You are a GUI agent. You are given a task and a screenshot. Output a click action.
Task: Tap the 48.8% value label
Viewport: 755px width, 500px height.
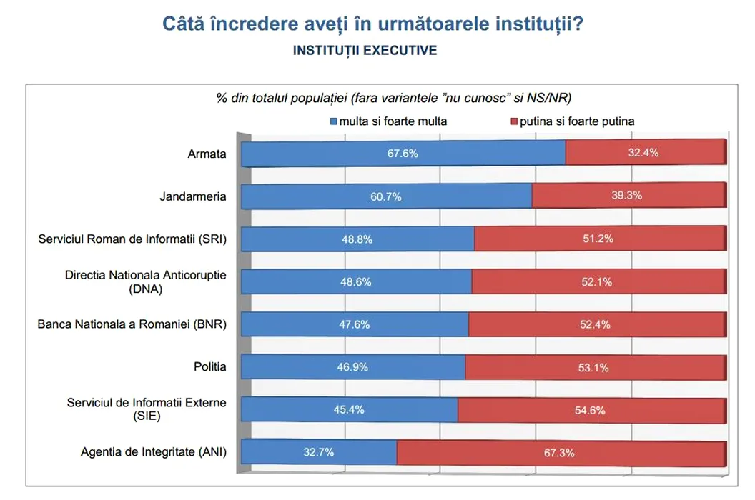[357, 239]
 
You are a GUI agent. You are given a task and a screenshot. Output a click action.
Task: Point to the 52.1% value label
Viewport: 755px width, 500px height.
[596, 282]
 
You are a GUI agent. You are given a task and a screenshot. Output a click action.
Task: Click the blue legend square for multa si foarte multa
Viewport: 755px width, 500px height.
[332, 121]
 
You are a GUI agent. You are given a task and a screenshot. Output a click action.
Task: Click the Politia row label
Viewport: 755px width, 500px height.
[210, 366]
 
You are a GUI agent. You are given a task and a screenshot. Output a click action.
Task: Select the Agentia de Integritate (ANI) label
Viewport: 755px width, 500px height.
[154, 451]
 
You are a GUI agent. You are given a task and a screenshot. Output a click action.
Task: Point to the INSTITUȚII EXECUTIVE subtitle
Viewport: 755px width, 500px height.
[365, 51]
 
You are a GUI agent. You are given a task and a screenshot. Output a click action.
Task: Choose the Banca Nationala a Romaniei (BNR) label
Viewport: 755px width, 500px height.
[132, 324]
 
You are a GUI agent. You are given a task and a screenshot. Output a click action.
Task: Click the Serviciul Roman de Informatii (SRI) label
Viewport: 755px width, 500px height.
[132, 239]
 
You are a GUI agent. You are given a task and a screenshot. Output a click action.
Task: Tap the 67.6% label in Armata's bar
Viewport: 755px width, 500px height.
[402, 153]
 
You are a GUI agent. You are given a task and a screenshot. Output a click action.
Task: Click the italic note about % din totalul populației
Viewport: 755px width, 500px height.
[398, 97]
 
